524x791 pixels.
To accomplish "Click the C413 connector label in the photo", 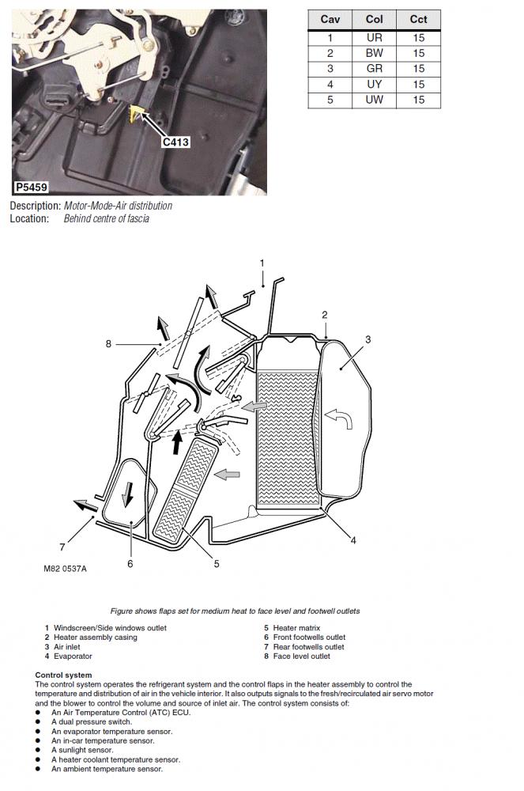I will point(176,142).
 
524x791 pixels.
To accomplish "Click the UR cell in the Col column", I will point(375,38).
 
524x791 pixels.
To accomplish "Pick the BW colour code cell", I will point(375,53).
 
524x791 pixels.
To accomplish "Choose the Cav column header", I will point(330,20).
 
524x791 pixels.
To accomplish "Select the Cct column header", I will point(418,20).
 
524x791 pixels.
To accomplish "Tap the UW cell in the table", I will point(375,100).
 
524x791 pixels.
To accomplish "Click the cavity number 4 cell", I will point(330,84).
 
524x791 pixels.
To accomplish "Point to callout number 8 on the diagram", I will point(108,343).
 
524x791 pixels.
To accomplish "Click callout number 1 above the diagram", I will point(262,263).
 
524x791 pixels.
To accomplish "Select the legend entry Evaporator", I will point(73,657).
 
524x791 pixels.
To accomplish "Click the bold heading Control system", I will point(63,675).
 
